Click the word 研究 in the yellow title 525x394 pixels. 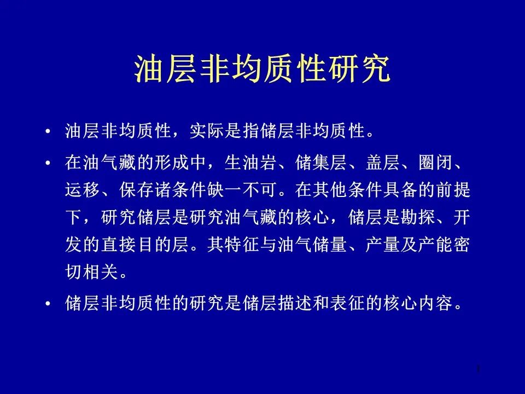(359, 69)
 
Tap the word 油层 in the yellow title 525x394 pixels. (165, 69)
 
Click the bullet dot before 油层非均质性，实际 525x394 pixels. (48, 131)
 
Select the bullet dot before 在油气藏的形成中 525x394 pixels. (48, 163)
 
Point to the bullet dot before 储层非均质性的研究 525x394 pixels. (48, 304)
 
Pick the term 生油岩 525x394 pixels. (250, 163)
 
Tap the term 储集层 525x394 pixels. (321, 163)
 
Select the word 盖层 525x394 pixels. (383, 163)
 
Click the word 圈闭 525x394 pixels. (436, 163)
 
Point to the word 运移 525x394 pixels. (83, 190)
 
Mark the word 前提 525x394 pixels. (453, 190)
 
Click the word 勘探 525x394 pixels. (418, 217)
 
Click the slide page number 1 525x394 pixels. (479, 369)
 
